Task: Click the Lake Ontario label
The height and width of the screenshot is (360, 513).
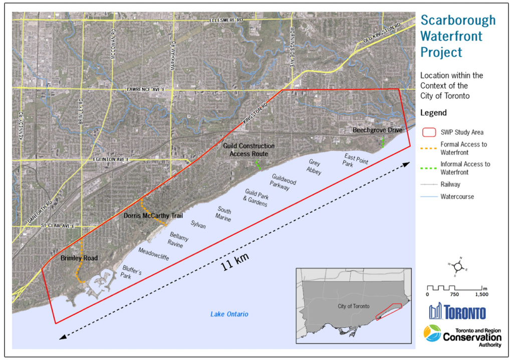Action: point(229,314)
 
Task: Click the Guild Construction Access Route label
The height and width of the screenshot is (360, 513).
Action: point(248,150)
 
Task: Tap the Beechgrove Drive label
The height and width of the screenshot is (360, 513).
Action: point(377,130)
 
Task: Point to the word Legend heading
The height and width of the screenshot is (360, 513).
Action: point(433,113)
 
